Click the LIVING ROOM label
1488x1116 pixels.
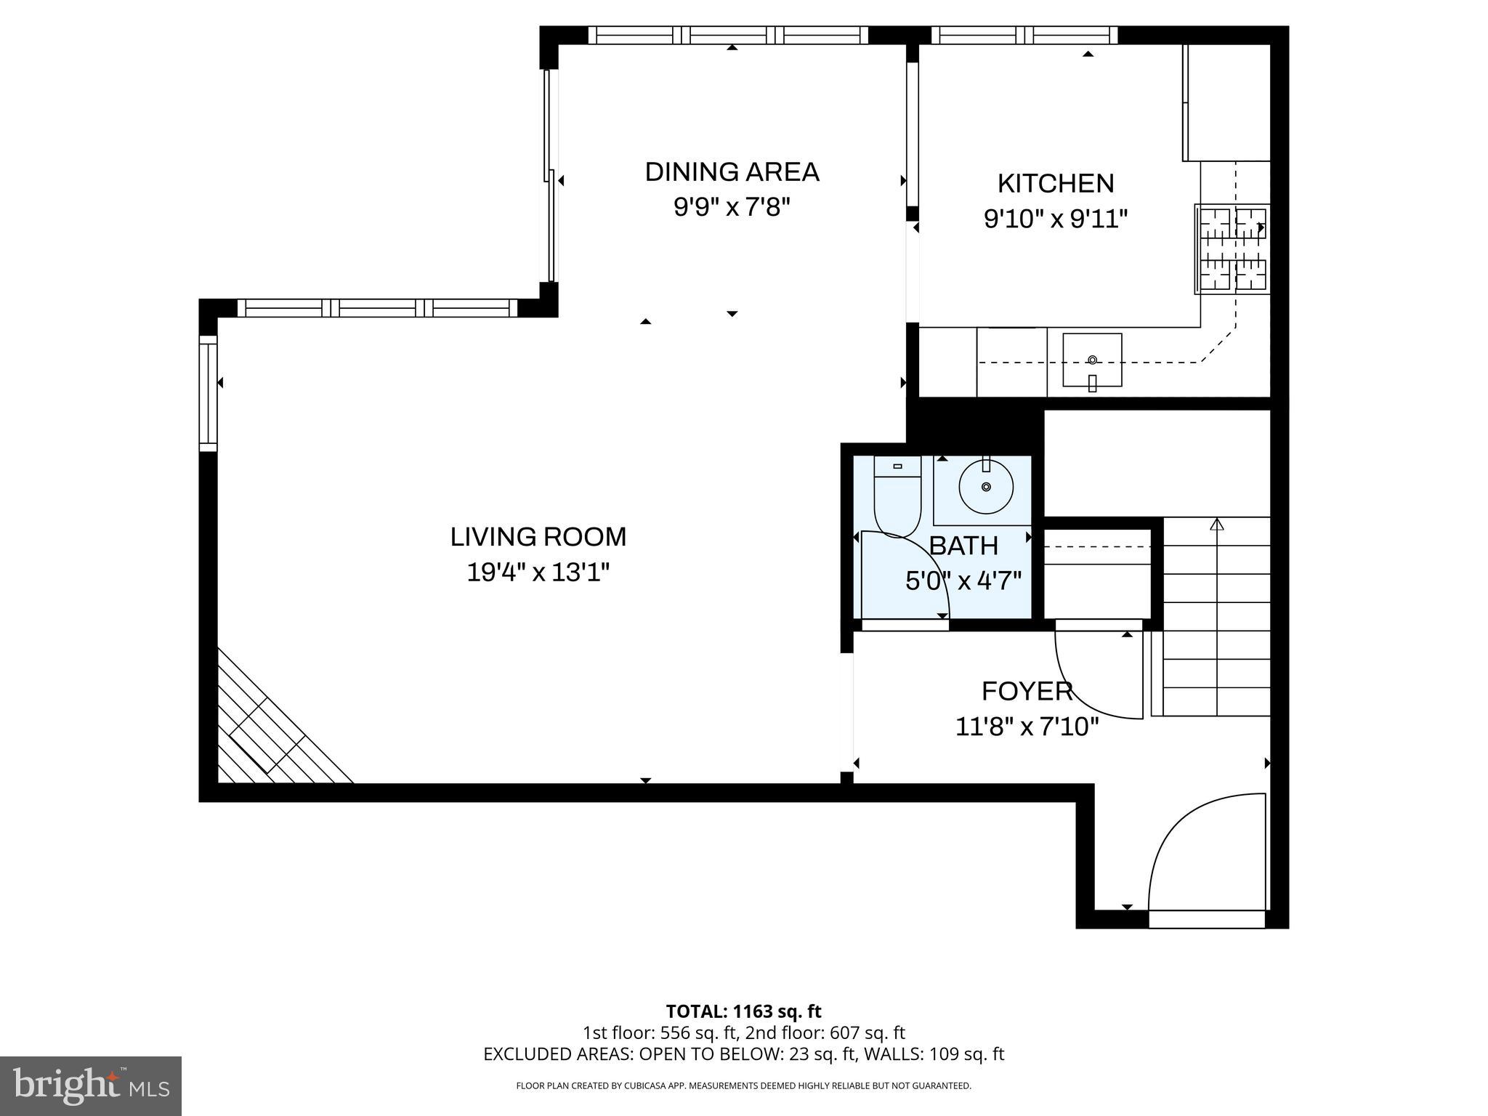(538, 537)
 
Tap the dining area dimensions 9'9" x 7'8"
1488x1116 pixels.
(731, 208)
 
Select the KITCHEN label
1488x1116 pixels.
(1055, 183)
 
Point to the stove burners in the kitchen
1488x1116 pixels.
(1233, 250)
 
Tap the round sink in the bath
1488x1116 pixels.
(986, 486)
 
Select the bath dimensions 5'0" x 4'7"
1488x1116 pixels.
(963, 581)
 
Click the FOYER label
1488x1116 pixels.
(1027, 691)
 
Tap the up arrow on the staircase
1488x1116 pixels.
(1217, 524)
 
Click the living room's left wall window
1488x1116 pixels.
(209, 393)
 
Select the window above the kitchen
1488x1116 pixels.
(1024, 35)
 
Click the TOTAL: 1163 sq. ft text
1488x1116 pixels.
(743, 1011)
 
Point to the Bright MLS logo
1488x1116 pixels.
(91, 1086)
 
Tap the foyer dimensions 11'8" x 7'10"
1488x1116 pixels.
(1026, 727)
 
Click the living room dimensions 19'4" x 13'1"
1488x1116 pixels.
(538, 573)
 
